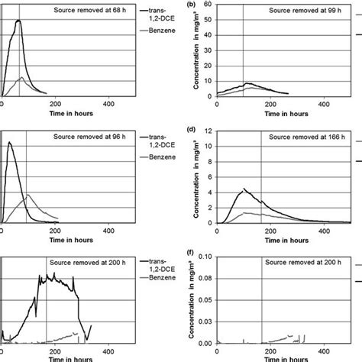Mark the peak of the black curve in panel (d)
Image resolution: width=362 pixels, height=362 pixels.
244,188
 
